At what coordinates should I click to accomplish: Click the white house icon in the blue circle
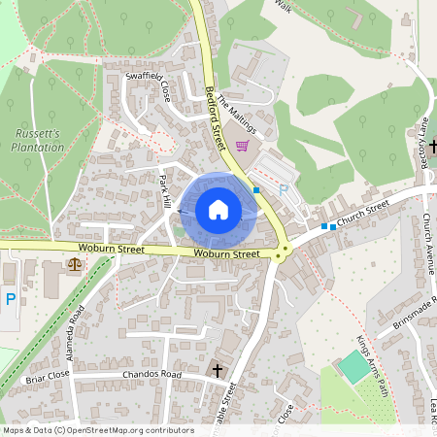pos(218,210)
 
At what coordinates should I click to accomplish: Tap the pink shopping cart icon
pos(242,146)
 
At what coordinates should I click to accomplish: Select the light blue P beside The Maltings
pos(283,190)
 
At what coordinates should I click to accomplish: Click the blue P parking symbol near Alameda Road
pos(10,300)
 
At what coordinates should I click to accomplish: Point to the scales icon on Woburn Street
pos(76,264)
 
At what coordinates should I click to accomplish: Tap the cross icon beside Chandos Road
pos(218,370)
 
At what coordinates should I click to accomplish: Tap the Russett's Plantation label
pos(39,139)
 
